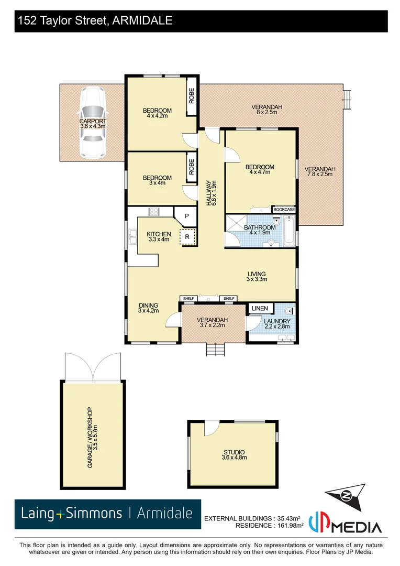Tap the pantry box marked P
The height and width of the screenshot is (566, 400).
tap(186, 216)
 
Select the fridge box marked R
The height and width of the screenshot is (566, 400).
tap(187, 237)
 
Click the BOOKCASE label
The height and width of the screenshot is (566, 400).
tap(284, 210)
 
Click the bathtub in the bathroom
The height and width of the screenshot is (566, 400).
tap(288, 231)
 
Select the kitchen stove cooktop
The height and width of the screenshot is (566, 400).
tap(154, 212)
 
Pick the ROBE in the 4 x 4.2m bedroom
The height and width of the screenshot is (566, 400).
tap(192, 96)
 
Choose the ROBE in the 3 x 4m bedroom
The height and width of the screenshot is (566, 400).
tap(192, 166)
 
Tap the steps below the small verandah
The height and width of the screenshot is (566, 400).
tap(215, 350)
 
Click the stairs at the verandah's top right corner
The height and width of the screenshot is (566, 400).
tap(346, 97)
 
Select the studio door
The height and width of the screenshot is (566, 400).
tap(210, 428)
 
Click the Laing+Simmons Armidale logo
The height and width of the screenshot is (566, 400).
tap(107, 513)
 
